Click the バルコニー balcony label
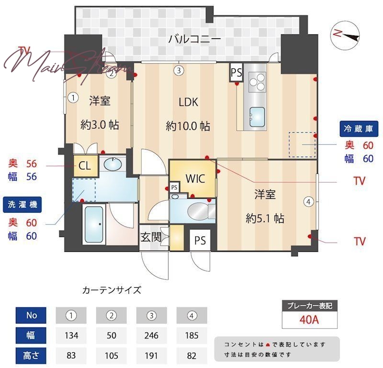point(194,39)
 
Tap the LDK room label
point(188,102)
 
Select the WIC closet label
point(195,179)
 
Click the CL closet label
point(85,166)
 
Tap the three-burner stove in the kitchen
point(258,81)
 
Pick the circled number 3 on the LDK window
point(178,71)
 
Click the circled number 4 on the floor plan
point(309,202)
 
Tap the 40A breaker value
point(309,319)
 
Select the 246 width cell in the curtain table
point(152,336)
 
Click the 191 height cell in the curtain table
point(152,356)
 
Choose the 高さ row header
point(32,356)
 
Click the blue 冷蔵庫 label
point(359,128)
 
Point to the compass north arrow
point(345,34)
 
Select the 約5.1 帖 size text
point(265,218)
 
